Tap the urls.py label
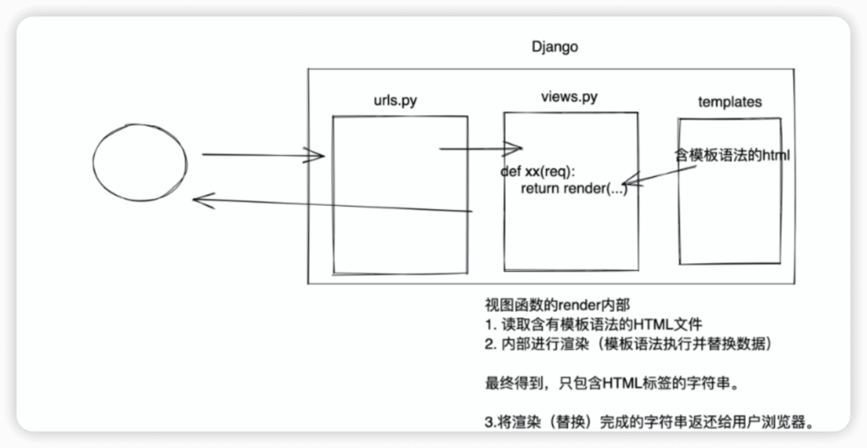coord(394,100)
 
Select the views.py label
coord(569,97)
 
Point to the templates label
coord(730,102)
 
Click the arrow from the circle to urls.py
coord(262,155)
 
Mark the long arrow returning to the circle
coord(330,206)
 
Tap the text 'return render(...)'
coord(574,187)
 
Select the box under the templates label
coord(730,220)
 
